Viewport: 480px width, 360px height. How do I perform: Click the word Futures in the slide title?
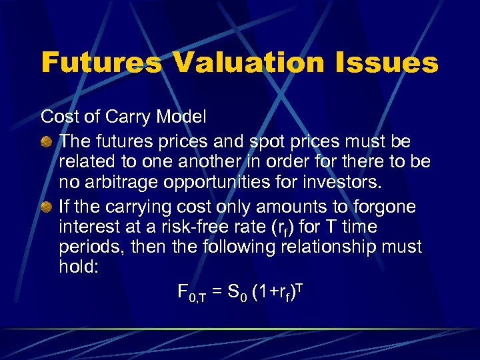(101, 64)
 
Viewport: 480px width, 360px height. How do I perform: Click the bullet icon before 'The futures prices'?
(48, 143)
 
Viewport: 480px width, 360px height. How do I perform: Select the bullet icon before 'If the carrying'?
(48, 208)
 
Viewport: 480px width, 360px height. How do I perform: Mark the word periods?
(87, 247)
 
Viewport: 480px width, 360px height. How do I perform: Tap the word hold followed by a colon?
(78, 266)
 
